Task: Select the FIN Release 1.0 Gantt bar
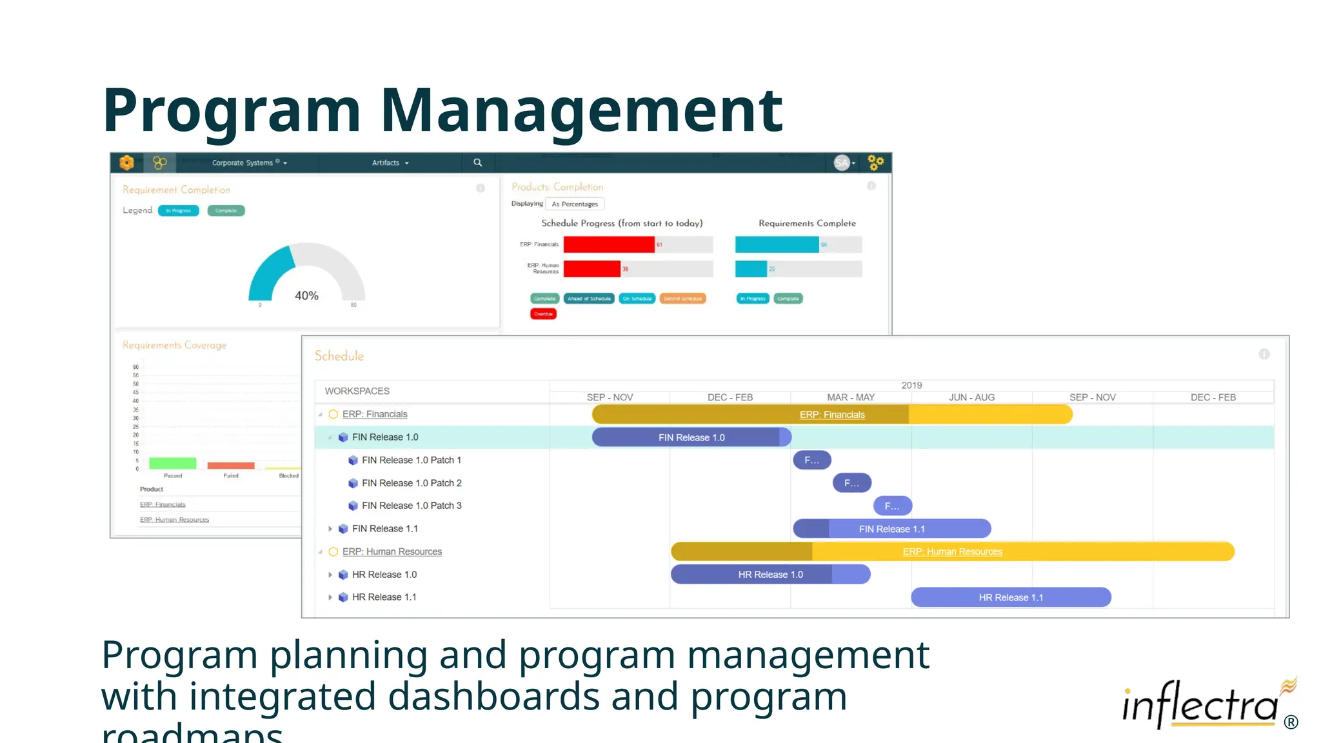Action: point(691,437)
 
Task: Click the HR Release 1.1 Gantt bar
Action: point(1010,597)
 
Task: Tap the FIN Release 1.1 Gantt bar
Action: point(891,529)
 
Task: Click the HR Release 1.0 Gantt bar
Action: point(770,574)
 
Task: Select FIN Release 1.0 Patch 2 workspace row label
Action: point(411,483)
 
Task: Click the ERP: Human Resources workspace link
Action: point(392,551)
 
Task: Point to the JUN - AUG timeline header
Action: point(971,397)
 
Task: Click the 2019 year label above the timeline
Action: point(911,385)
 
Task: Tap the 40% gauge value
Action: point(306,295)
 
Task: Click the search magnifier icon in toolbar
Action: point(478,163)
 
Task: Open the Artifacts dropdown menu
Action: point(390,163)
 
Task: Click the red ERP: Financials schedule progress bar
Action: point(608,244)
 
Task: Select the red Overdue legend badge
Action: point(543,314)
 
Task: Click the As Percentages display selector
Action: point(574,204)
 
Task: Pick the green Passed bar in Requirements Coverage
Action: point(172,463)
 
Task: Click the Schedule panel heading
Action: point(339,356)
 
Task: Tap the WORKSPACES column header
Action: point(357,391)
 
